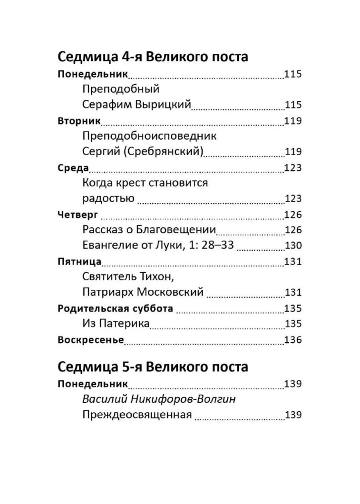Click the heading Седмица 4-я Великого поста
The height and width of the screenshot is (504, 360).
tap(153, 56)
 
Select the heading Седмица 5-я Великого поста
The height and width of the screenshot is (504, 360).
tap(153, 366)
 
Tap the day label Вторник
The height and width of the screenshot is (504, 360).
tap(79, 121)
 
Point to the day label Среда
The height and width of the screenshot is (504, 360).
tap(74, 168)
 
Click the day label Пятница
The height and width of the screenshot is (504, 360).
tap(80, 262)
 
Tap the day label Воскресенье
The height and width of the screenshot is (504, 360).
tap(91, 340)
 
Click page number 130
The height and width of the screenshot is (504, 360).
tap(292, 246)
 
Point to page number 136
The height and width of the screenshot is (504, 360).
tap(292, 340)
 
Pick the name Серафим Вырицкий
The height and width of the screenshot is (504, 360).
tap(136, 105)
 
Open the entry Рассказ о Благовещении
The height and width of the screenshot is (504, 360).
tap(148, 230)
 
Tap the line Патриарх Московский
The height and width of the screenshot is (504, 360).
tap(142, 292)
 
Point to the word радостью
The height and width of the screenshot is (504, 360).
tap(107, 199)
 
